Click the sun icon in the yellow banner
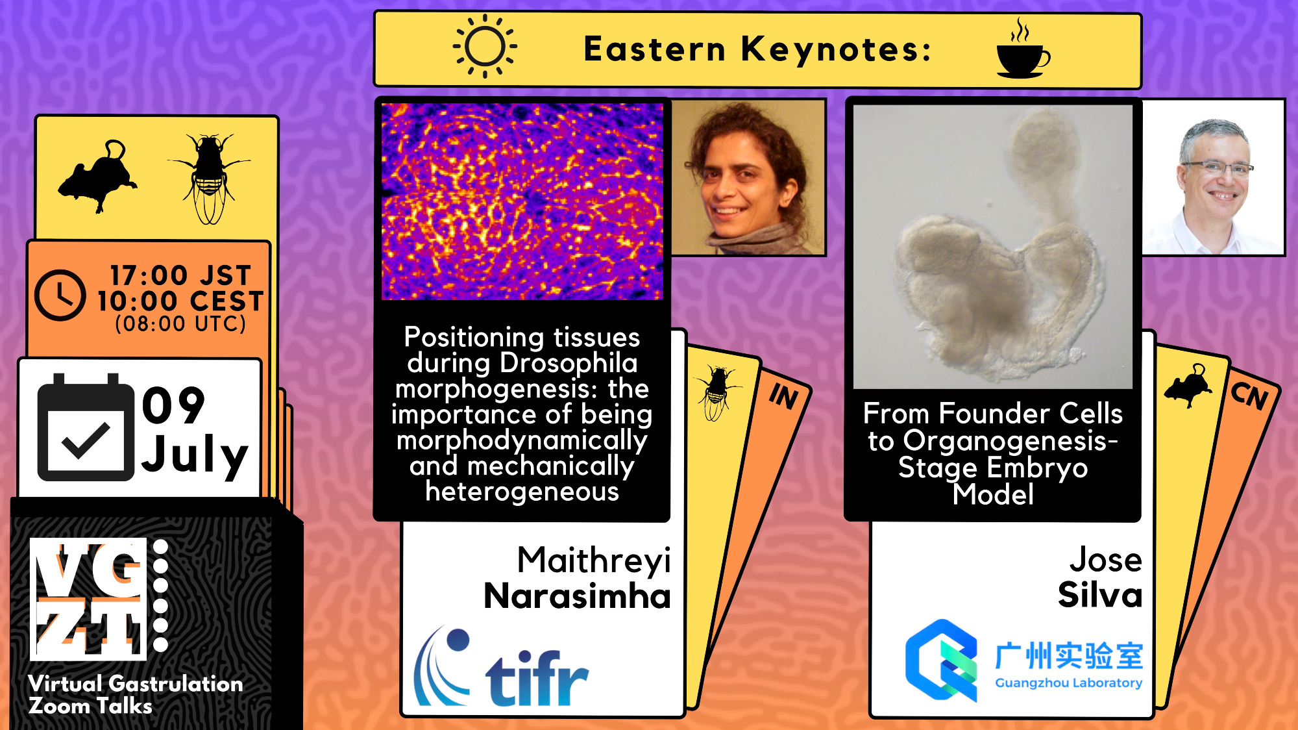coord(485,46)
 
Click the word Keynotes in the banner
coord(836,49)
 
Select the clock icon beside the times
coord(60,295)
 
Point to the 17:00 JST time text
coord(180,275)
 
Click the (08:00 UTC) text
coord(180,323)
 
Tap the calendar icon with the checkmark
coord(86,427)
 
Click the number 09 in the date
coord(173,405)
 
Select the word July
coord(195,455)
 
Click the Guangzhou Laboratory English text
coord(1069,683)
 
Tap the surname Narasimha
coord(577,596)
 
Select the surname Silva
coord(1100,594)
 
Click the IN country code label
coord(783,396)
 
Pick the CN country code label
coord(1250,394)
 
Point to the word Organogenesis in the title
coord(1010,442)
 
